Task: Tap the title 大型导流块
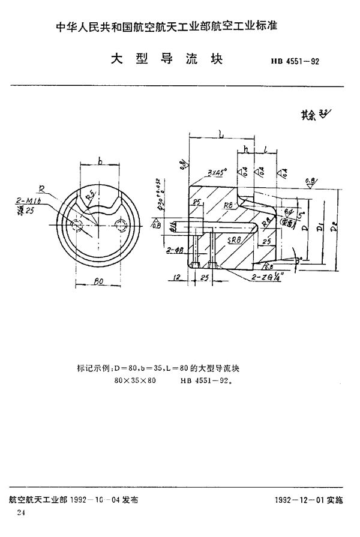coord(166,60)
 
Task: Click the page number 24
coord(22,512)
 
